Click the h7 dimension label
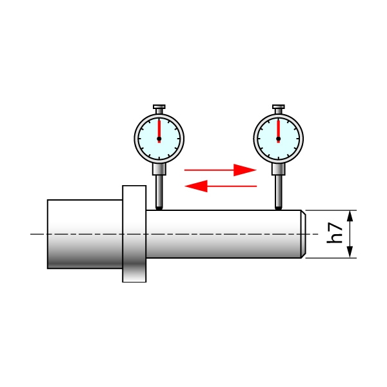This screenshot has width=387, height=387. pos(335,233)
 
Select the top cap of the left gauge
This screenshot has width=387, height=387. pos(159,107)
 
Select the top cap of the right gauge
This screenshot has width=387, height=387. pos(279,107)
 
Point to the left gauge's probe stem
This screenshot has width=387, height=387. pos(159,190)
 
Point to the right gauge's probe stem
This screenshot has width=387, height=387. pos(279,190)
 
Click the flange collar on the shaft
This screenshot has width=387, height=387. pos(134,233)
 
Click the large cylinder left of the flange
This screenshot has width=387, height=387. pos(84,233)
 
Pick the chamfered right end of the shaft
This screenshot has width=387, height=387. pos(303,233)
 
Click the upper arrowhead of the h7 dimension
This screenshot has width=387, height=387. pos(350,216)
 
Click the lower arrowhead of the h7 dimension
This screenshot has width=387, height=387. pos(350,252)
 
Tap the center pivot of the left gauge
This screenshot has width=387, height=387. pos(159,139)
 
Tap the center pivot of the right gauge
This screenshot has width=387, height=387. pos(279,139)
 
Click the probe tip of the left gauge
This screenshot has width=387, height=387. pos(159,208)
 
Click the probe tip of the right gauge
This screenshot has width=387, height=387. pos(279,208)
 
